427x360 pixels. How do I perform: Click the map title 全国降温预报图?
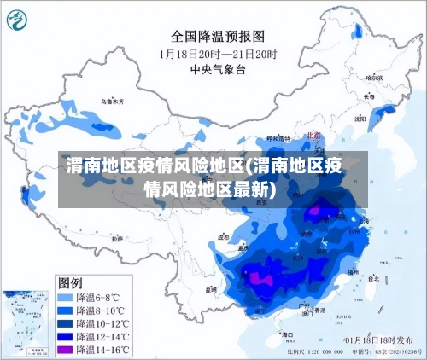[x=219, y=36]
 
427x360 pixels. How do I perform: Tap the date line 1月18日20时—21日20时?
[x=218, y=53]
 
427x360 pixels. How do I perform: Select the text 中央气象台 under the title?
[x=218, y=69]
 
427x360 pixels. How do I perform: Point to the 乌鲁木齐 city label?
[x=111, y=102]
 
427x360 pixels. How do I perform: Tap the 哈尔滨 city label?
[x=373, y=77]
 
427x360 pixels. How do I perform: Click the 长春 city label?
[x=368, y=97]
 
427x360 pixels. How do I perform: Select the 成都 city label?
[x=224, y=238]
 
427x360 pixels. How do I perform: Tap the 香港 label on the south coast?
[x=319, y=311]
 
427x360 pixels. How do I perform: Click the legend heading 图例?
[x=70, y=282]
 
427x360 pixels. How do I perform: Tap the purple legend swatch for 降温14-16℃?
[x=64, y=350]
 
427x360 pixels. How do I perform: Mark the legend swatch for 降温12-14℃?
[x=64, y=337]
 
